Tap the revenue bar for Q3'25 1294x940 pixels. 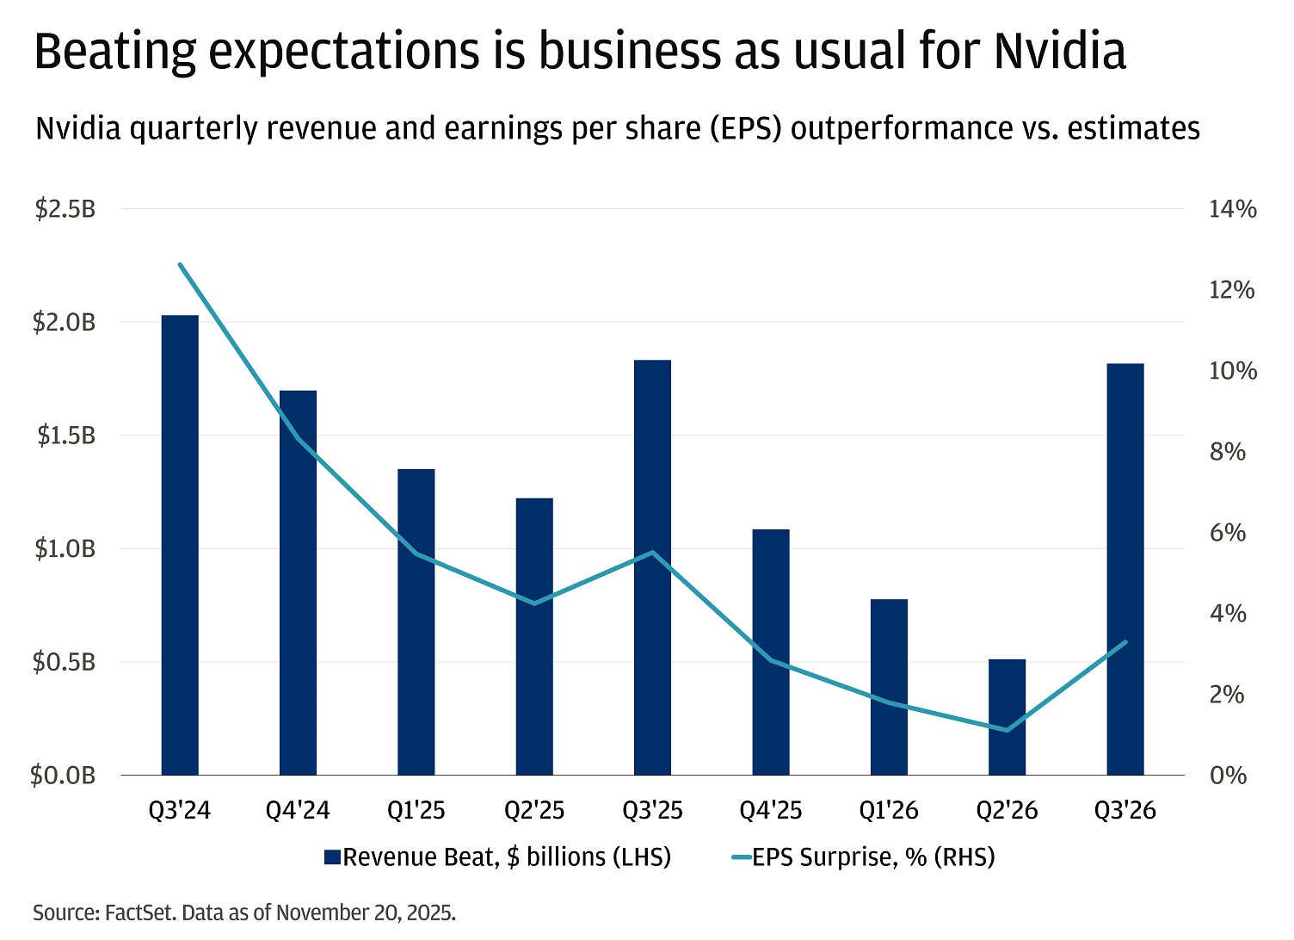click(x=652, y=567)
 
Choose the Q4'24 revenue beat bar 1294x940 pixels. click(x=298, y=583)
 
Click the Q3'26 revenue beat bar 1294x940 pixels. click(x=1125, y=569)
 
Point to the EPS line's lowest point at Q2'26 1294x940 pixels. click(x=1007, y=730)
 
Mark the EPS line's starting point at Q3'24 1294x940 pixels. click(x=180, y=264)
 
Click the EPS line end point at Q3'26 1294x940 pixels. click(x=1125, y=642)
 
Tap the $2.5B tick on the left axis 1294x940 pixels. click(x=65, y=209)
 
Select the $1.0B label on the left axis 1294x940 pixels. click(x=65, y=549)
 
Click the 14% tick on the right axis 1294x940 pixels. click(x=1232, y=209)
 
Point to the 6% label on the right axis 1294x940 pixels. click(x=1227, y=533)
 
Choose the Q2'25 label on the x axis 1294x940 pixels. click(x=534, y=811)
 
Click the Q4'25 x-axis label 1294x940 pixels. click(x=770, y=811)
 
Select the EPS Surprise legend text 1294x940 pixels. click(x=873, y=857)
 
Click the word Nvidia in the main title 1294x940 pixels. click(x=1059, y=52)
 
